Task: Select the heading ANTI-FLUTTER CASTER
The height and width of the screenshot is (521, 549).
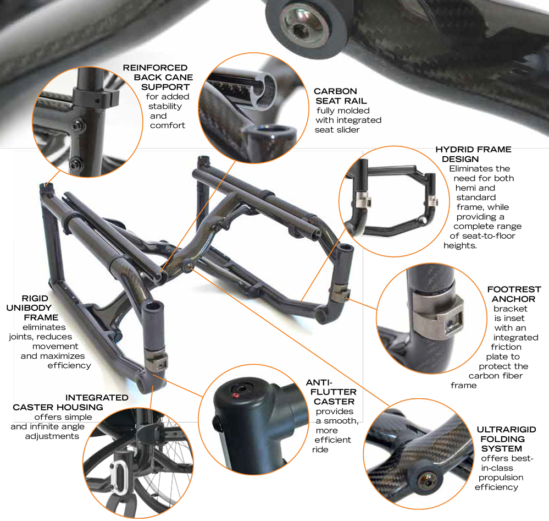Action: [331, 392]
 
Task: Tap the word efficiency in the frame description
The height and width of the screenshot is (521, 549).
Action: [69, 365]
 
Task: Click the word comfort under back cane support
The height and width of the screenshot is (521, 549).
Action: [168, 125]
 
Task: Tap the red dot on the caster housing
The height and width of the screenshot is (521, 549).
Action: [236, 394]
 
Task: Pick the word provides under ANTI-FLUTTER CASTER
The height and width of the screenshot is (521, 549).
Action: [335, 412]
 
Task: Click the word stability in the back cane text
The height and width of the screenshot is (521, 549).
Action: [164, 106]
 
